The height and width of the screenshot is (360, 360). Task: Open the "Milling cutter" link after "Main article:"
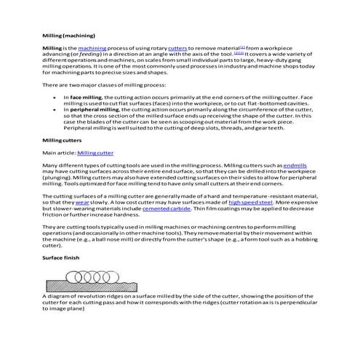point(95,153)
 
